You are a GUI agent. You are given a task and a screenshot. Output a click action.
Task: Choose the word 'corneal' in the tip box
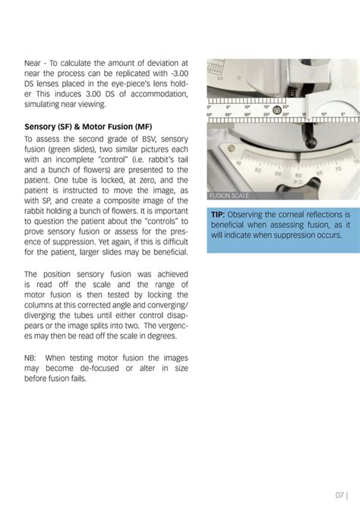coord(288,215)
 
